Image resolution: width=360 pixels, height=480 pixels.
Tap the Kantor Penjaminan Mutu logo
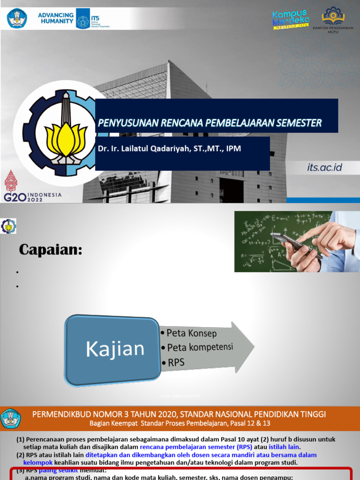(x=333, y=19)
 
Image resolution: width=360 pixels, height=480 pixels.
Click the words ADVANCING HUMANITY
(x=56, y=18)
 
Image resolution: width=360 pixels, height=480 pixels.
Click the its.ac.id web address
(x=325, y=167)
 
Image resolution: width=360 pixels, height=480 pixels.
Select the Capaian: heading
(x=51, y=250)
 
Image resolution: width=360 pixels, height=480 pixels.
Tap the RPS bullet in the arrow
(x=176, y=362)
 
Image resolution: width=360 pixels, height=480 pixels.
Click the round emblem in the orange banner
(x=11, y=419)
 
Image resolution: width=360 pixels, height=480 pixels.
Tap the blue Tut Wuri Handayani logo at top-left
(x=17, y=18)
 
